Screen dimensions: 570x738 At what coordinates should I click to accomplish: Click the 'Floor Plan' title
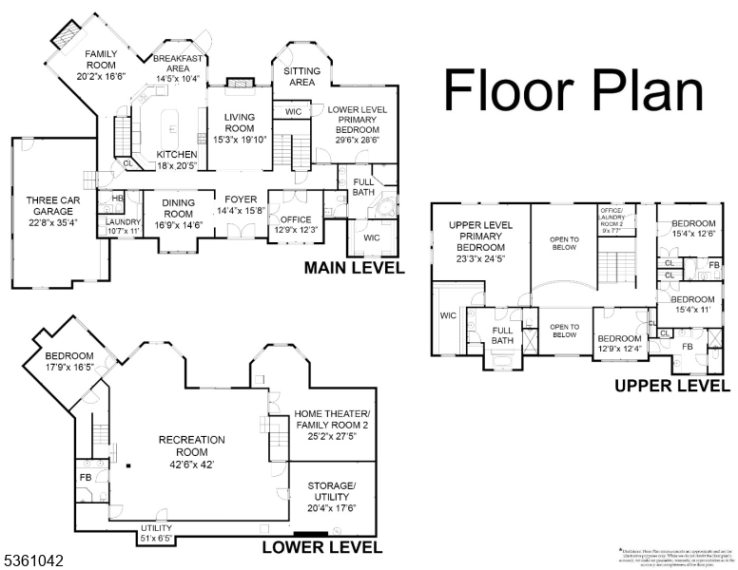coord(573,91)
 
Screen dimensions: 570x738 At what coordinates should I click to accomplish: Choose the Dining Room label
coord(179,207)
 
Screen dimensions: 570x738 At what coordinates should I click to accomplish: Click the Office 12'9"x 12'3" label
coord(295,223)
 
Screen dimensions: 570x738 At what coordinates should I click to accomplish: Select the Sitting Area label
coord(301,76)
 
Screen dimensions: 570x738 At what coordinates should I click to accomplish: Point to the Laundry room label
coord(124,225)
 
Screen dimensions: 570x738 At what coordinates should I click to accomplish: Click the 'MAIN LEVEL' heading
coord(354,269)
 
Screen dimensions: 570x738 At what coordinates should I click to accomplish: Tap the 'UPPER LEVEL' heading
coord(671,386)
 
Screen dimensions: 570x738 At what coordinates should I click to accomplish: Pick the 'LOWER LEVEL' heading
coord(321,547)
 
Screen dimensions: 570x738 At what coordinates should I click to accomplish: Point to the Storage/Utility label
coord(331,496)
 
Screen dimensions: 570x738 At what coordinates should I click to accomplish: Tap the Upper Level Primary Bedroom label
coord(480,242)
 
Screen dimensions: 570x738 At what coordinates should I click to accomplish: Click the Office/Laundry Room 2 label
coord(611,219)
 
